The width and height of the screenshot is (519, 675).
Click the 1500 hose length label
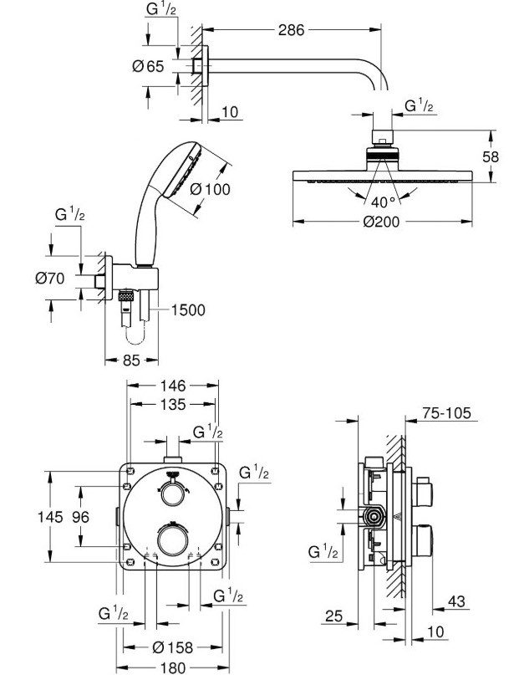188,309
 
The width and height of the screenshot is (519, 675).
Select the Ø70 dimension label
51,279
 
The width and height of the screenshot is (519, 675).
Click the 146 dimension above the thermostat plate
172,386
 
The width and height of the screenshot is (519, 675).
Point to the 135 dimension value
172,405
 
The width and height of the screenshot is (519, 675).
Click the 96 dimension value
80,517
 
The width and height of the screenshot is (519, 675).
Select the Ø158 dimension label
173,647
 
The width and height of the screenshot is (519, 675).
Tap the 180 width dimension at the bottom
172,667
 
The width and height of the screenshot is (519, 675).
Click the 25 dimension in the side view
333,616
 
